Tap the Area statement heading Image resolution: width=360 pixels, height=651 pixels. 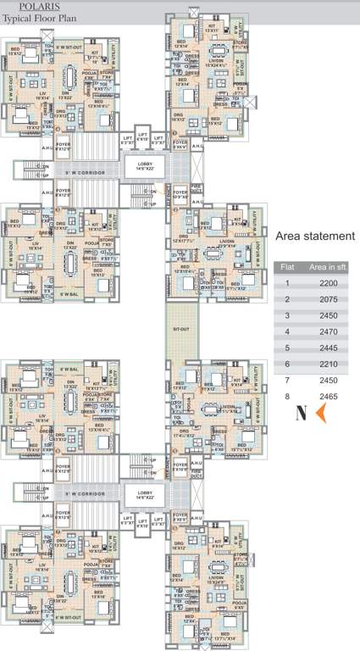[315, 236]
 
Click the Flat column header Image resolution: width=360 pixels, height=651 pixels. [287, 267]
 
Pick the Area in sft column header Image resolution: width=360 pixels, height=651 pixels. [330, 267]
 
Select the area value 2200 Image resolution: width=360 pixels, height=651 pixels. [330, 283]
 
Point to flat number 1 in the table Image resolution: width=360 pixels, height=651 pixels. [287, 283]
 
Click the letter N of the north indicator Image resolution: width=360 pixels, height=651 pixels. [300, 415]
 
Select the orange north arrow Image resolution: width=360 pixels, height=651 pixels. [321, 414]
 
